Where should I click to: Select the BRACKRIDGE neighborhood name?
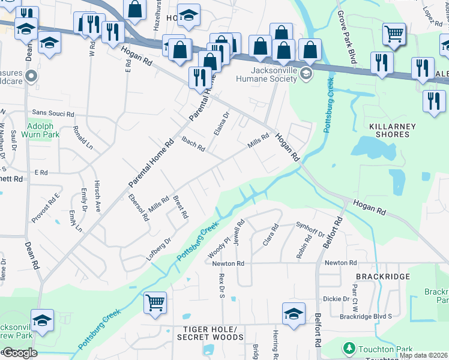(x=382, y=277)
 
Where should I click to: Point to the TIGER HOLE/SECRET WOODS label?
(x=210, y=333)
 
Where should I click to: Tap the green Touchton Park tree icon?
(x=349, y=349)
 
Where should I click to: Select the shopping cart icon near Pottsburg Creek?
(x=155, y=302)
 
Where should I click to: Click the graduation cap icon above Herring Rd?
(x=294, y=314)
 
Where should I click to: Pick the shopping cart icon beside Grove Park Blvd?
(x=394, y=34)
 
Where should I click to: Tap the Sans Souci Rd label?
(x=53, y=113)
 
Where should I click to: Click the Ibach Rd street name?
(x=193, y=143)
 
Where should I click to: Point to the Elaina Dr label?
(x=220, y=123)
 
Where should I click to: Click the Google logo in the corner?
(x=19, y=353)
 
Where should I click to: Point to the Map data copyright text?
(x=423, y=355)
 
